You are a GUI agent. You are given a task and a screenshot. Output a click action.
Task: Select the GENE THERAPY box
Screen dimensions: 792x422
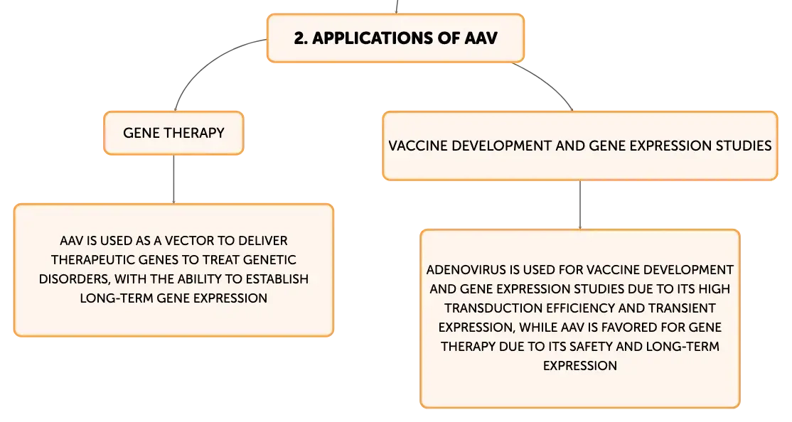coord(173,133)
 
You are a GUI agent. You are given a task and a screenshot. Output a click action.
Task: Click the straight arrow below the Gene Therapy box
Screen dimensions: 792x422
coord(173,179)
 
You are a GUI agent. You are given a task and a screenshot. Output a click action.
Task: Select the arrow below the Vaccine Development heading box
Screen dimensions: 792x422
coord(580,205)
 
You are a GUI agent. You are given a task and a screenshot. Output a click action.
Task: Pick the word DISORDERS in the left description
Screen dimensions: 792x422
coord(75,279)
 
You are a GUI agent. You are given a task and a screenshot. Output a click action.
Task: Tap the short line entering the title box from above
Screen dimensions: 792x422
coord(397,6)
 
